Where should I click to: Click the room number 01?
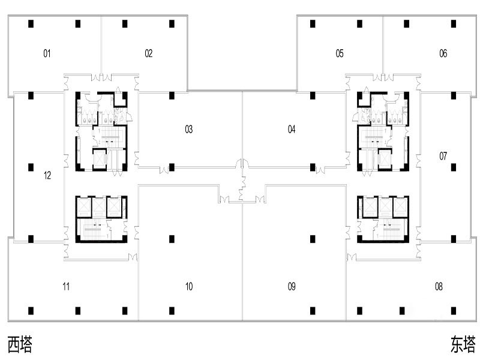[47, 53]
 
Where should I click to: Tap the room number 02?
[148, 53]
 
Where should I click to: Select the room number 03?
[189, 130]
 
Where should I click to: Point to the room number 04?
[292, 130]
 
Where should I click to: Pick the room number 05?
[340, 53]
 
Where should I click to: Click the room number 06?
[443, 53]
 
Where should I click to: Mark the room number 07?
[443, 156]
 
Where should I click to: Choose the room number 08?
[439, 287]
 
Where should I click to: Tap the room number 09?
[292, 287]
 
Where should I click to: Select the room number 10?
[189, 287]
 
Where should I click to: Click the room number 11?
[66, 287]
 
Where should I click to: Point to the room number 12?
[47, 175]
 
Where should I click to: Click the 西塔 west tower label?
[20, 344]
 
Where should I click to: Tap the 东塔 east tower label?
[463, 344]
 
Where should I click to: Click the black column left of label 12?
[31, 167]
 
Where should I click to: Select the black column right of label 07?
[454, 167]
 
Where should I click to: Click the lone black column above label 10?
[172, 239]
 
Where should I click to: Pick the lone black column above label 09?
[313, 239]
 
